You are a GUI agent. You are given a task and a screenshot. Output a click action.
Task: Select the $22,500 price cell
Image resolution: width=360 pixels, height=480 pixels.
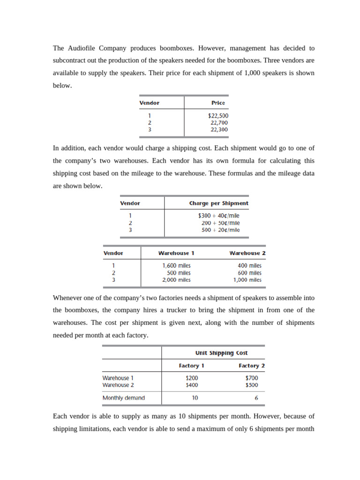pos(218,115)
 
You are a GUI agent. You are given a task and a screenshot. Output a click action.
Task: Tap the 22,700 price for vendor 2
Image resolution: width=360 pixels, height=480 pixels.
pos(219,122)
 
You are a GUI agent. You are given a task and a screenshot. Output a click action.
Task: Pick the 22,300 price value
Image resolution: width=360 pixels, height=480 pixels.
pos(219,129)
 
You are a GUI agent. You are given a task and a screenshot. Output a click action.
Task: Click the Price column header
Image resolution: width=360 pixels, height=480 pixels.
pos(218,103)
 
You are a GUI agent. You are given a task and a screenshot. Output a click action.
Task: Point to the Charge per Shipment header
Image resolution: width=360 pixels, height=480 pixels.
pos(218,203)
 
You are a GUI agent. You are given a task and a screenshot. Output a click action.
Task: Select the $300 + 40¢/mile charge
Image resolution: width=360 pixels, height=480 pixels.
pos(218,216)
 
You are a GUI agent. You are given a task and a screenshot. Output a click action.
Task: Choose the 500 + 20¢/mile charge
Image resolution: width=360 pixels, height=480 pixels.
pos(220,230)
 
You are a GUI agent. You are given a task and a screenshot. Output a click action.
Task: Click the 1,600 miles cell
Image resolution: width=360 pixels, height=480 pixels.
pos(176,265)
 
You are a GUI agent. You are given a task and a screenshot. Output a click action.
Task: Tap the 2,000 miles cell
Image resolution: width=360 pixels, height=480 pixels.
pos(176,280)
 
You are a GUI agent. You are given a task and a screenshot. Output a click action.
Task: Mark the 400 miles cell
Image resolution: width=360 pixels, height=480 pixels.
pos(249,265)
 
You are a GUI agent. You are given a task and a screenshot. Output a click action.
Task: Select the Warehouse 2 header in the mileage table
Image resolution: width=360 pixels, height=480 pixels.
pos(247,253)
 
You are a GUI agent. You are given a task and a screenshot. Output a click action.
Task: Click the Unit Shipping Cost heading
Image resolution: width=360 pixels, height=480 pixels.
pos(221,353)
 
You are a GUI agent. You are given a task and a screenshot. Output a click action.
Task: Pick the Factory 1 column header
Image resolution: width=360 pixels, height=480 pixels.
pos(191,366)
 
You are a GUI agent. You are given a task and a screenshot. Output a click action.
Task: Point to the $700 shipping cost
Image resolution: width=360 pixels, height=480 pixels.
pos(251,378)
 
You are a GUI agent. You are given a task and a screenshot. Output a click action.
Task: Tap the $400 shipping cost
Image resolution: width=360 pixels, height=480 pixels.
pos(192,385)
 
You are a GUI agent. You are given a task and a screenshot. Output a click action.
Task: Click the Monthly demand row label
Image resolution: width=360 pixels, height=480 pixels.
pos(123,398)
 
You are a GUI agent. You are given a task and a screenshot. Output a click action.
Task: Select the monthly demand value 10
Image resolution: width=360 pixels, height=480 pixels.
pos(195,398)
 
